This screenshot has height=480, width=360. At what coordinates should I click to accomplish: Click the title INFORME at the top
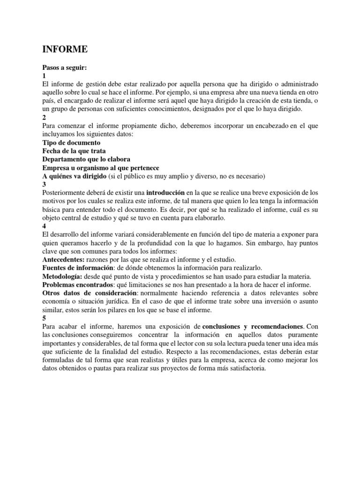(x=65, y=49)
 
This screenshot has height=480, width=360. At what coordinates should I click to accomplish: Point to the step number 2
(x=44, y=117)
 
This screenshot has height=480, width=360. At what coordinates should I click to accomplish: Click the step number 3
(x=44, y=184)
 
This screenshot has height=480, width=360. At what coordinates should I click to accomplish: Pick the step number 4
(x=44, y=226)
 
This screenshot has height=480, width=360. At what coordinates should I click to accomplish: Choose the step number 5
(x=44, y=318)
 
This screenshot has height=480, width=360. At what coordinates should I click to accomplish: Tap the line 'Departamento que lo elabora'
(x=86, y=159)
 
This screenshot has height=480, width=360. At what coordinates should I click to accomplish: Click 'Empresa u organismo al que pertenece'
(x=101, y=167)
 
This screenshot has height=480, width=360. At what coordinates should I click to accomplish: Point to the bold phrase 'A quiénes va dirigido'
(x=74, y=176)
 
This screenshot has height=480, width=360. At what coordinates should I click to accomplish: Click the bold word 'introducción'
(x=166, y=193)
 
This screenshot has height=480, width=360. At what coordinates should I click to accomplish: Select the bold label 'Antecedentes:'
(x=63, y=259)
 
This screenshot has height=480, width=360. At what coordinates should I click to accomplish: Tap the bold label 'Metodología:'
(x=62, y=276)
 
